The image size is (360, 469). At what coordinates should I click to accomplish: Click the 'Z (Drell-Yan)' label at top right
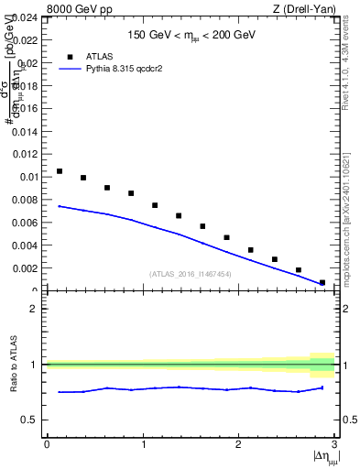click(x=306, y=9)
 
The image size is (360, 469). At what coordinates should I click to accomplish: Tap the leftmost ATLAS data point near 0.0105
click(x=60, y=171)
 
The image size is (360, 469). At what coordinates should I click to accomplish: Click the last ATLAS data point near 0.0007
click(x=322, y=282)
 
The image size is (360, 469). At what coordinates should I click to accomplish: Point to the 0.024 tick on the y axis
click(x=25, y=17)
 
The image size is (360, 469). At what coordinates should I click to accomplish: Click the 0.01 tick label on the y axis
click(x=27, y=177)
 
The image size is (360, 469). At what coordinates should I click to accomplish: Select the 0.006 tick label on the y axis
click(x=25, y=223)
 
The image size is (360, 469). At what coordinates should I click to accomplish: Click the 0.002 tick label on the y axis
click(x=25, y=268)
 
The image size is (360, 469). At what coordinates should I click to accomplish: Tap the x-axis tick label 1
click(x=142, y=444)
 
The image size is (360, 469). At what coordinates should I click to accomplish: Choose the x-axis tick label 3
click(x=333, y=444)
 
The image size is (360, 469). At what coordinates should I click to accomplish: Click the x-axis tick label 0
click(x=47, y=444)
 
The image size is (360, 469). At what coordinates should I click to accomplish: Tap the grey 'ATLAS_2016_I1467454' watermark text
click(x=191, y=274)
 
